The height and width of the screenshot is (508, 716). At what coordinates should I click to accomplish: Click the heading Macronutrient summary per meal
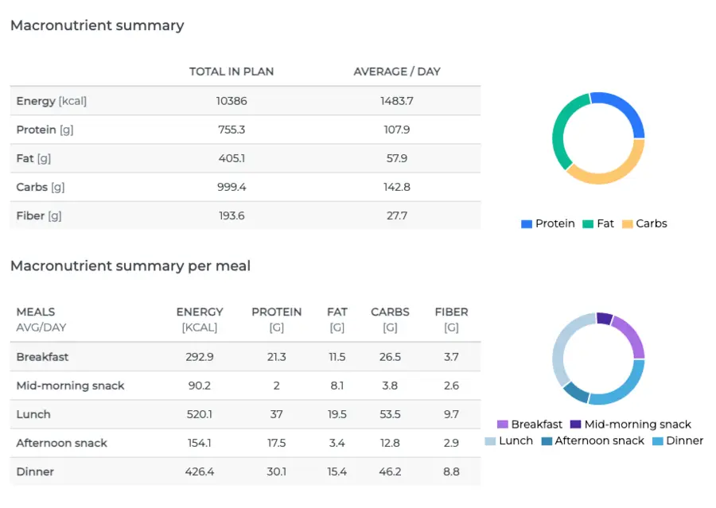tap(130, 266)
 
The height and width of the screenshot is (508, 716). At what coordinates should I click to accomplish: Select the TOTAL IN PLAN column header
tap(232, 72)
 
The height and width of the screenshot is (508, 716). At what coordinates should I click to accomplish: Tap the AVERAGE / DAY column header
tap(397, 72)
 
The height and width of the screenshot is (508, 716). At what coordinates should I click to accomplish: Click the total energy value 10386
tap(232, 101)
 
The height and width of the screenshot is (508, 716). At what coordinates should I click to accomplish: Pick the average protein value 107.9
tap(397, 130)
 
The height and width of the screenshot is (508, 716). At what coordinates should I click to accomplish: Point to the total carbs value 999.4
tap(232, 187)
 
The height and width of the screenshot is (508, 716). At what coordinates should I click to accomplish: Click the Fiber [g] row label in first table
tap(39, 215)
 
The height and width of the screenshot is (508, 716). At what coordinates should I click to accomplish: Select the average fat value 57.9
tap(397, 158)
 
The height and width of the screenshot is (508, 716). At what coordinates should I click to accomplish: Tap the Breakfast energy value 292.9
tap(200, 357)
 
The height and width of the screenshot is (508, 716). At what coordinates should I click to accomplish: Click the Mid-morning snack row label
tap(71, 386)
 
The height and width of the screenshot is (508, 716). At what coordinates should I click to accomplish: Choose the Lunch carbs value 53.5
tap(390, 414)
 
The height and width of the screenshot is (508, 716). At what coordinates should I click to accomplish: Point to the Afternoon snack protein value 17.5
tap(277, 443)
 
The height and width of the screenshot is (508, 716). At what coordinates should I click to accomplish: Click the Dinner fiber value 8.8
tap(451, 471)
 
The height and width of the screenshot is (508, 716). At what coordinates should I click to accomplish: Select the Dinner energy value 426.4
tap(200, 471)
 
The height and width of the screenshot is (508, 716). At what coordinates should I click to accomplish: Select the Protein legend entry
tap(548, 223)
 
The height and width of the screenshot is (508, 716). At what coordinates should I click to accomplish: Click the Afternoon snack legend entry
tap(593, 440)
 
